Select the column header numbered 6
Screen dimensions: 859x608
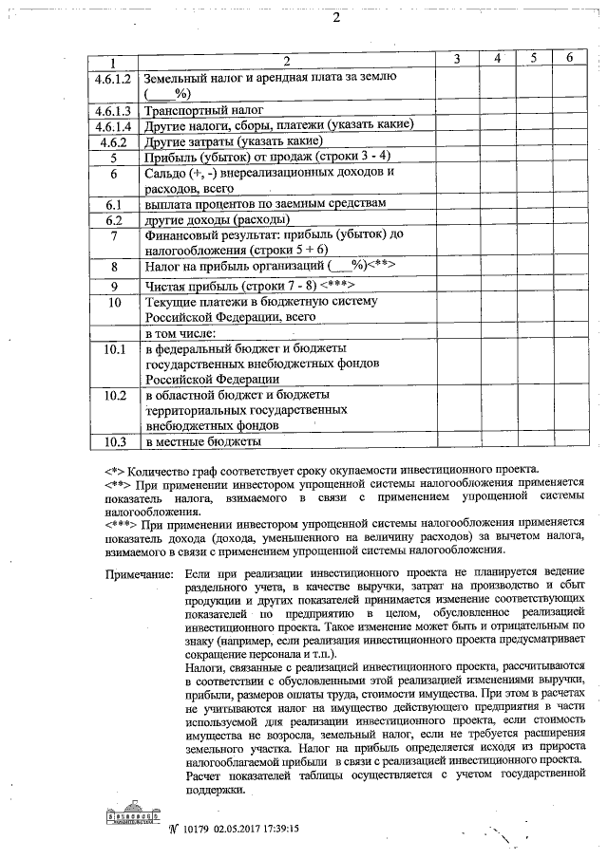click(568, 59)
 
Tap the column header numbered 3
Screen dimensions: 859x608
click(457, 59)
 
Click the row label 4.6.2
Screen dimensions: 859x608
click(113, 140)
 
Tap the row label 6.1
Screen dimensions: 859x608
click(113, 204)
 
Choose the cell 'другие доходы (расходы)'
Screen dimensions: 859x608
click(214, 219)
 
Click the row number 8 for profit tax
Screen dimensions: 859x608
click(113, 267)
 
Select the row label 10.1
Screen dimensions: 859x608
click(113, 350)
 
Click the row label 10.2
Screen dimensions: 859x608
click(113, 394)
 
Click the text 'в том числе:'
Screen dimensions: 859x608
click(180, 334)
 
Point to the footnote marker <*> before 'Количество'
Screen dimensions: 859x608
click(114, 468)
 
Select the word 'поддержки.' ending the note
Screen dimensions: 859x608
click(217, 788)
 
